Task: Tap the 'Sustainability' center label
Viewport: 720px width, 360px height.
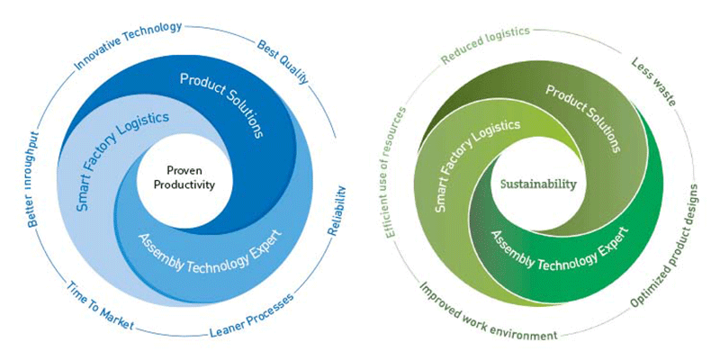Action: click(538, 184)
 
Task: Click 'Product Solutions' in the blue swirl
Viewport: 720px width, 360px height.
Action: click(221, 105)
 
